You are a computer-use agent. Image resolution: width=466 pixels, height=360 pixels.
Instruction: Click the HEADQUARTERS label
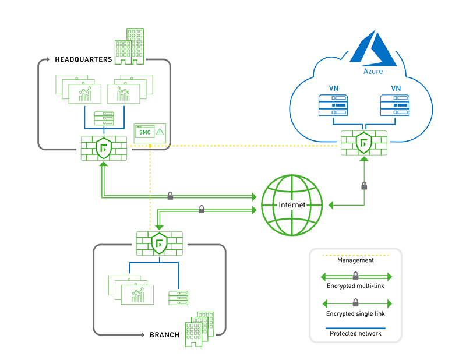tap(83, 59)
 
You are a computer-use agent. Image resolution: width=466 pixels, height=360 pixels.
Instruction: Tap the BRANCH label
tap(164, 335)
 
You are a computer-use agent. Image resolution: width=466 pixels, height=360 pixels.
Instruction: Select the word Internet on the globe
tap(292, 205)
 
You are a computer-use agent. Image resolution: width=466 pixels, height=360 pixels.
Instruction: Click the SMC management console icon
tap(143, 133)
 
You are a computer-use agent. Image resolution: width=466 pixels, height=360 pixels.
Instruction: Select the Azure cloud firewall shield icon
tap(364, 143)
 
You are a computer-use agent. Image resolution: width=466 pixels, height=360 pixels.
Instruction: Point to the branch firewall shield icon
tap(159, 243)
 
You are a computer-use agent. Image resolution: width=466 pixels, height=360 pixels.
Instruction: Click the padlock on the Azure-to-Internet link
tap(364, 186)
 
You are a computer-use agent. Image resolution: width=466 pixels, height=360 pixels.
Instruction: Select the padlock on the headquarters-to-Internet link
tap(170, 196)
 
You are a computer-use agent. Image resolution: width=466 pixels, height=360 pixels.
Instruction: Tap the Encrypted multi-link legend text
tap(355, 287)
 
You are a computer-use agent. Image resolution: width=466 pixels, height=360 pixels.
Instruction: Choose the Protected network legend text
tap(355, 333)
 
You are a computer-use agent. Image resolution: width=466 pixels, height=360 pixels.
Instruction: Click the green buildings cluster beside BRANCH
tap(197, 329)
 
